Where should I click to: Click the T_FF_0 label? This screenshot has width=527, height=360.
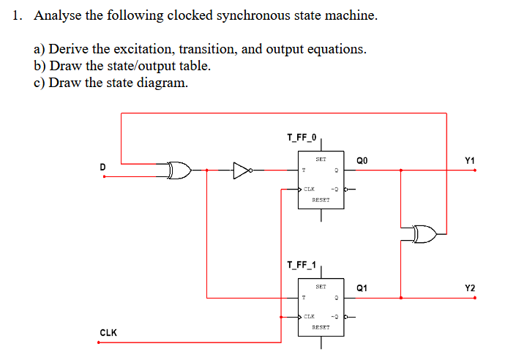(302, 137)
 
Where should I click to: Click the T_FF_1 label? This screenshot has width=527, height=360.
(302, 264)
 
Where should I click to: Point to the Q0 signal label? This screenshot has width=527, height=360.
(364, 160)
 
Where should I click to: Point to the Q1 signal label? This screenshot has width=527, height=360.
(364, 288)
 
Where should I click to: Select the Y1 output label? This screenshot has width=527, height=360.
(470, 160)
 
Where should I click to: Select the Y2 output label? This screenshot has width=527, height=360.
(470, 288)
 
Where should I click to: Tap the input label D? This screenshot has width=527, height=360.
(102, 168)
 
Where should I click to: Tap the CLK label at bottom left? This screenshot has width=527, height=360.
(108, 333)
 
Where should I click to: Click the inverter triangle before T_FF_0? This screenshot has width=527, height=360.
(242, 171)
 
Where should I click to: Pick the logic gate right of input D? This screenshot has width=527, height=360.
(179, 171)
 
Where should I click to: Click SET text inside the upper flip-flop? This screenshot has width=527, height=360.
(321, 159)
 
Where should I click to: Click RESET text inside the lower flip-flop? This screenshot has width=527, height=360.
(321, 327)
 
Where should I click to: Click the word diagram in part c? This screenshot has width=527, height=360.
(165, 83)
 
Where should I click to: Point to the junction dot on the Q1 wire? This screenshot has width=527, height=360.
(400, 298)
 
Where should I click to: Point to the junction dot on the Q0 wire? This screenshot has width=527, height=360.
(400, 170)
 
